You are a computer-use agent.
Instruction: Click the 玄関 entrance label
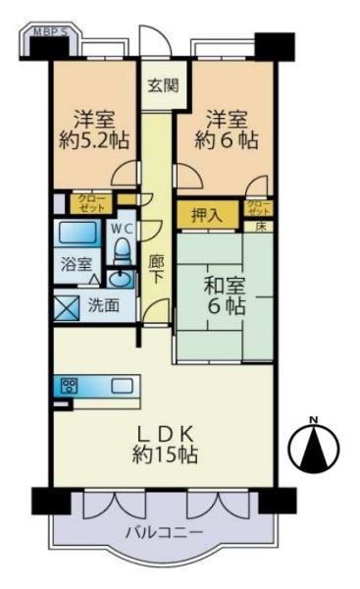coord(163,84)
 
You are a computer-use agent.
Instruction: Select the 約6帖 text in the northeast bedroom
coord(232,139)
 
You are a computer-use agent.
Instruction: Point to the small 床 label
coord(261,227)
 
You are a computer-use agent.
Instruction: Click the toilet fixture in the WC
coord(122,253)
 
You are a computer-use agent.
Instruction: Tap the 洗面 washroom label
coord(103,306)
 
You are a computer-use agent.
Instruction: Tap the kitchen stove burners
coord(70,386)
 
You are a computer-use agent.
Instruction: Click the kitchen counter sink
coord(122,386)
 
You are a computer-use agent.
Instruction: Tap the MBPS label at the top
coord(50,31)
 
